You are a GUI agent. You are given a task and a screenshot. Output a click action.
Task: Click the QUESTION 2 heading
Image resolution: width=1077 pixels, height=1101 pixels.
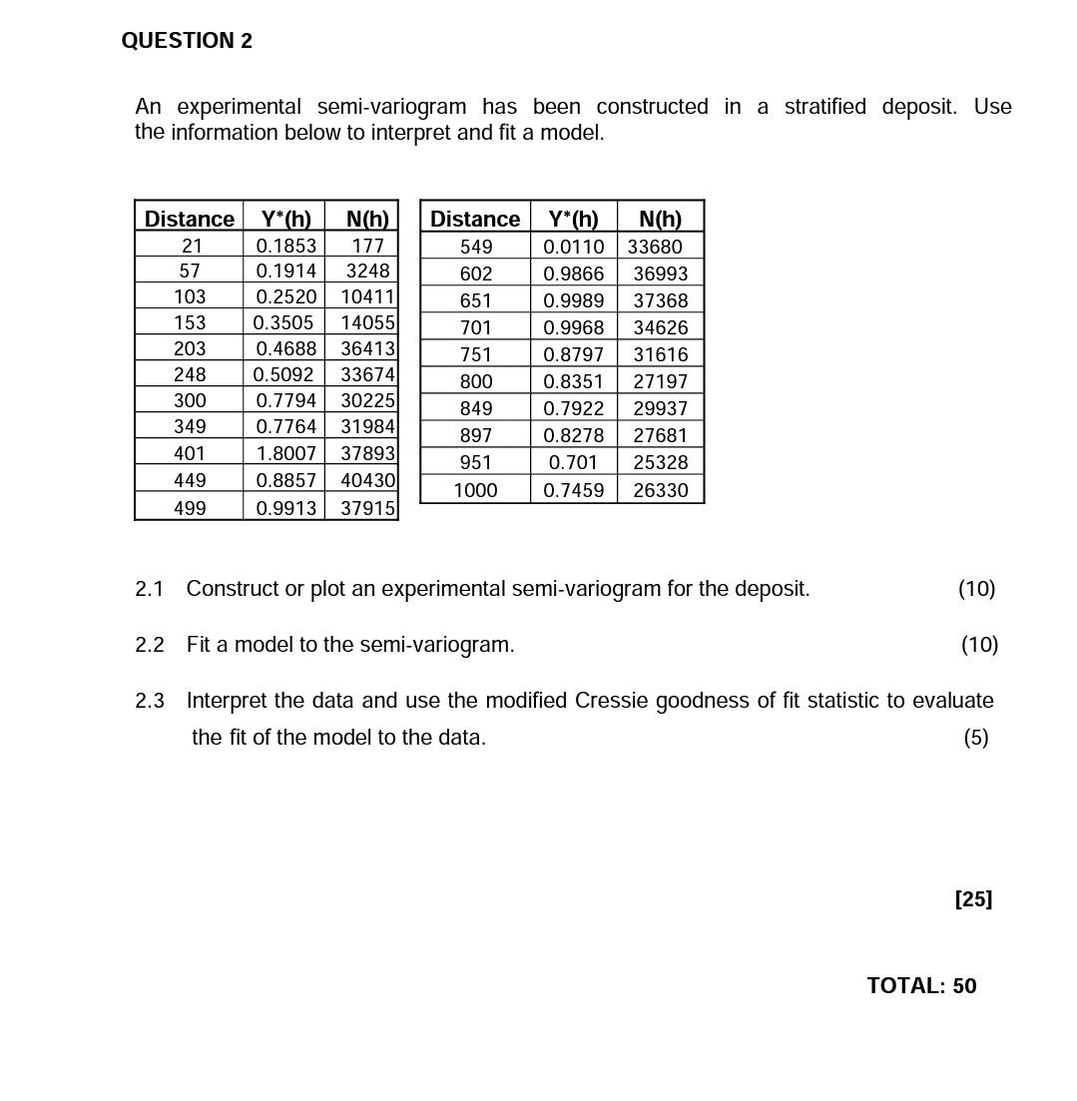187,41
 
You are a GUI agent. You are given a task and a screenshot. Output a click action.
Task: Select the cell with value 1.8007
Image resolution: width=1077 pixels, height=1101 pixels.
285,453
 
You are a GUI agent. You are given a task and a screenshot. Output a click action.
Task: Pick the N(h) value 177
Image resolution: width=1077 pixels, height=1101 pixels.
367,246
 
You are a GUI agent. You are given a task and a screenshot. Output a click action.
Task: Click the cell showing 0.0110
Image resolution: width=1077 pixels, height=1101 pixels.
573,247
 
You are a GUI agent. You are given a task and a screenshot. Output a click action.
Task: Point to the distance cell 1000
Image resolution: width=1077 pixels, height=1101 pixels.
475,490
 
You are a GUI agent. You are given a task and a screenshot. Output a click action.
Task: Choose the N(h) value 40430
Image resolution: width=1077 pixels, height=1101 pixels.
367,480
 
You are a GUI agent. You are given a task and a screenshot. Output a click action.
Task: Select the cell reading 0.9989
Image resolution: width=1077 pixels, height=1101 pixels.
573,300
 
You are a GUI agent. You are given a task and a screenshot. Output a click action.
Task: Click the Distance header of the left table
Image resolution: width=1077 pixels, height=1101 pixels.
189,219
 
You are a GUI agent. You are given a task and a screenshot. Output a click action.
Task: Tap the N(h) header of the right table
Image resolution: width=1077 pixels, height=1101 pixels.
660,219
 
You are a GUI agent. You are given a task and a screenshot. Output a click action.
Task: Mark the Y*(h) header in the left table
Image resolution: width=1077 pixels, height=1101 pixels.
285,219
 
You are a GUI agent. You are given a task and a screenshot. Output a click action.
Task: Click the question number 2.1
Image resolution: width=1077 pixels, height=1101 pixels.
149,589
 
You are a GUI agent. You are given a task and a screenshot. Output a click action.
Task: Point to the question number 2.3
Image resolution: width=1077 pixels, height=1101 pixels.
149,701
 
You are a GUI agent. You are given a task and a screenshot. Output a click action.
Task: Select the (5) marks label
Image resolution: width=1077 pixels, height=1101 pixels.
975,738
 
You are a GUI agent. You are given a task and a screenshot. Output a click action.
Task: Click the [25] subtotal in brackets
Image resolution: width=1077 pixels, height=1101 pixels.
973,899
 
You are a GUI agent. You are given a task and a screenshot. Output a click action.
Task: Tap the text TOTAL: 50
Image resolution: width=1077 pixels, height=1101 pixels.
921,986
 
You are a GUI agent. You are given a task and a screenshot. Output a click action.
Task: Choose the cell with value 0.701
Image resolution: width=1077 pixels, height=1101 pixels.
573,462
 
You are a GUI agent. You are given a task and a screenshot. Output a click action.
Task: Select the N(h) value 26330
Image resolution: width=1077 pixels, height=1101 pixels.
660,490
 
